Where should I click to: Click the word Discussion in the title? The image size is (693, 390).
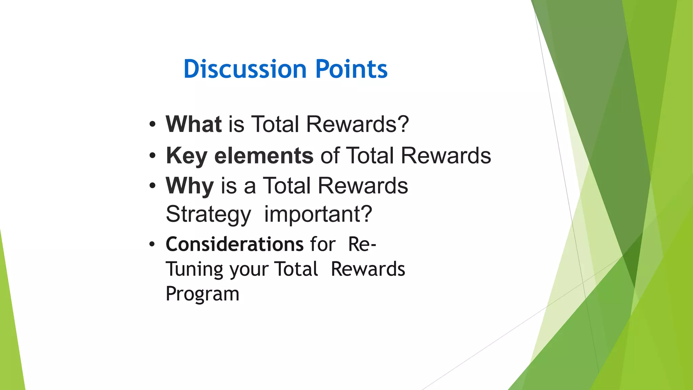click(x=245, y=69)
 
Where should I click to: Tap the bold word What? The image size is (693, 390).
click(x=194, y=124)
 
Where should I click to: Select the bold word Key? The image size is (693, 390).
click(x=186, y=156)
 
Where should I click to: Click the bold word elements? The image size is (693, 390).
click(x=264, y=156)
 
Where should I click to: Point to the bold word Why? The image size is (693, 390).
click(x=189, y=186)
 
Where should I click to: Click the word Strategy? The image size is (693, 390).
click(x=208, y=214)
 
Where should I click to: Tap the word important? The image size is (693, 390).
click(x=311, y=214)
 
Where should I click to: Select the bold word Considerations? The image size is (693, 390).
click(x=234, y=244)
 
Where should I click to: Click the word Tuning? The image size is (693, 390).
click(x=195, y=269)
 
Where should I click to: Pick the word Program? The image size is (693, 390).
click(x=202, y=294)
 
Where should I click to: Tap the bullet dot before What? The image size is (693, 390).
click(x=153, y=124)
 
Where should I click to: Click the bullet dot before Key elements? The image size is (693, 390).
click(x=153, y=156)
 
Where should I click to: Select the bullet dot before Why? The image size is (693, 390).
click(x=153, y=186)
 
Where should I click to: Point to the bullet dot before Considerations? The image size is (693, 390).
click(x=153, y=244)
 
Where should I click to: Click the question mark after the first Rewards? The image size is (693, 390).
click(x=403, y=124)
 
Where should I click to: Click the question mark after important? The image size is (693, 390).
click(x=366, y=214)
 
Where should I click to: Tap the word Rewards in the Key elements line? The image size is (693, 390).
click(x=446, y=156)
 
